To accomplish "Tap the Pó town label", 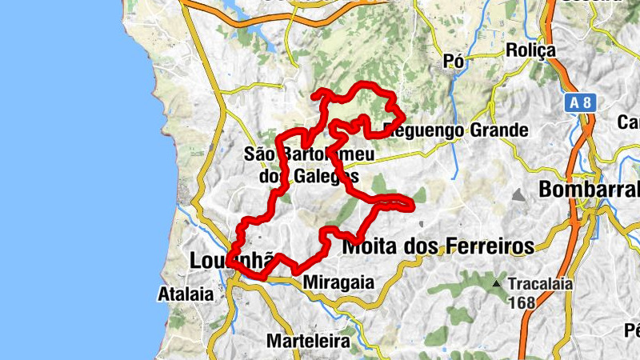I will [454, 62].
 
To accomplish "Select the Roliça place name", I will [530, 50].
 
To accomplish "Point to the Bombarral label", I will [590, 190].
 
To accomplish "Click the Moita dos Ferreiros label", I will [438, 247].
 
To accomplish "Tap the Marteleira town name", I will [308, 341].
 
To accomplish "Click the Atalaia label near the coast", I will [186, 293].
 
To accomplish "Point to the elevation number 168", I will [521, 303].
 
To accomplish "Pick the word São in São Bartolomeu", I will [258, 154].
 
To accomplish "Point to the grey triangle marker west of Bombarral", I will [520, 194].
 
